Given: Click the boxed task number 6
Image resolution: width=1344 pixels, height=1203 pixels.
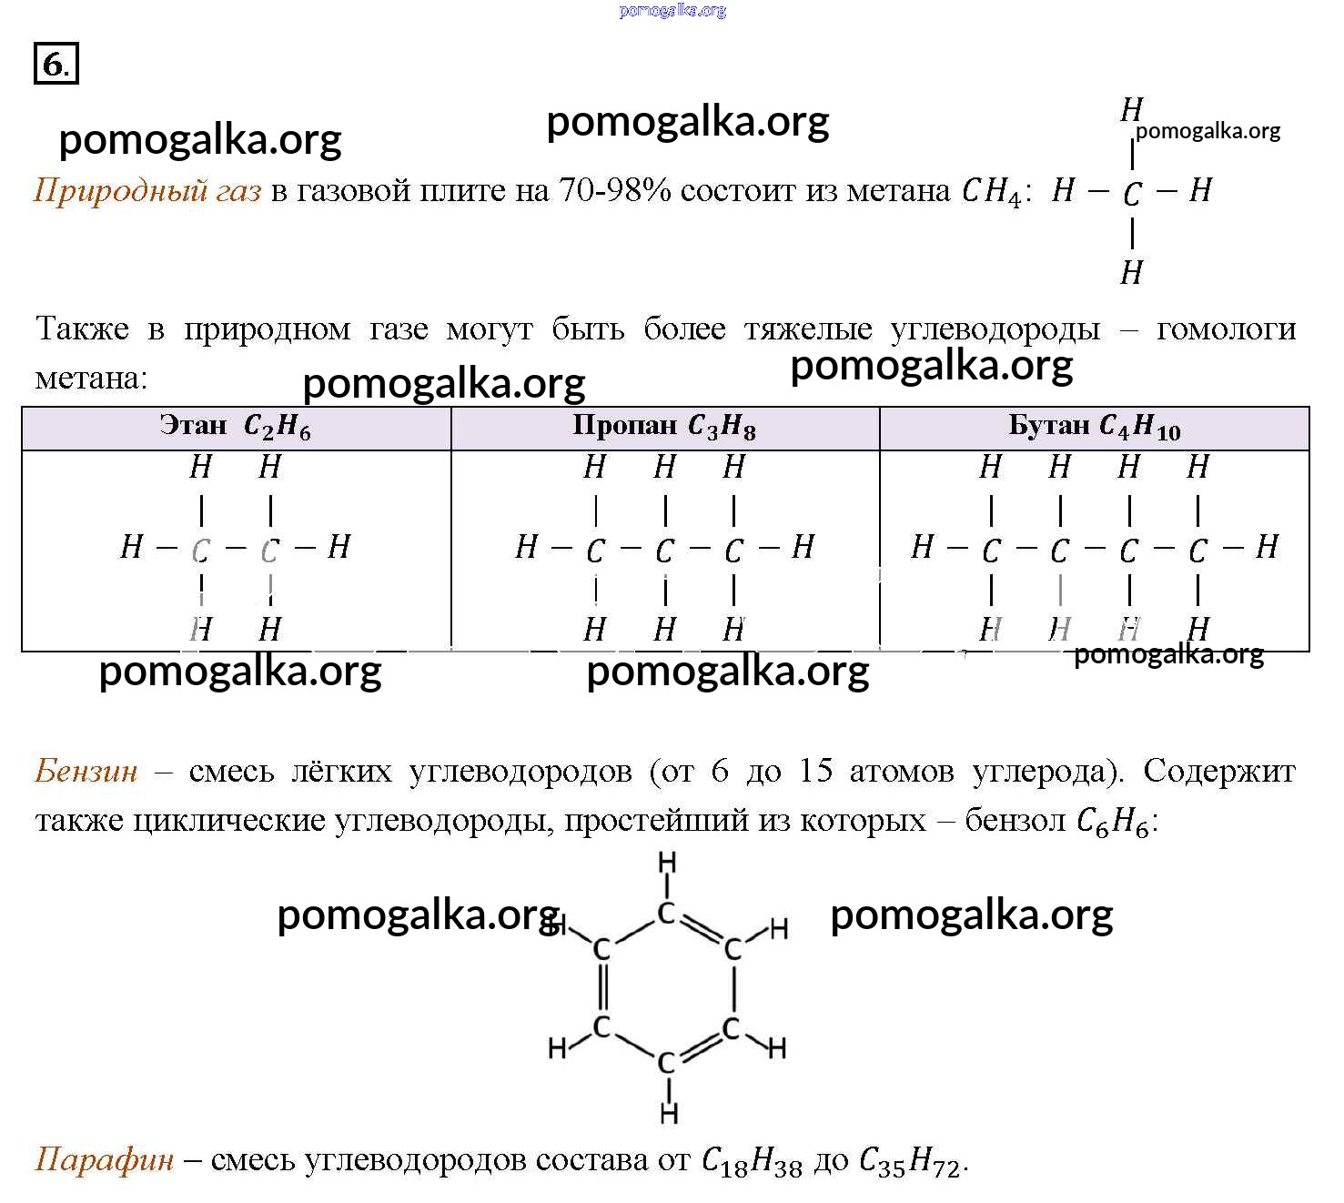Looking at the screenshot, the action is [x=56, y=63].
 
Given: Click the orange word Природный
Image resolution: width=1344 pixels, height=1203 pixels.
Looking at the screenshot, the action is [x=115, y=191].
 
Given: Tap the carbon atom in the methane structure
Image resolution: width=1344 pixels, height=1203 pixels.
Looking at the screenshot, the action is [x=1132, y=194].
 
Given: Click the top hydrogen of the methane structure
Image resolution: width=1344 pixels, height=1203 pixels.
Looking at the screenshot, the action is [x=1132, y=109].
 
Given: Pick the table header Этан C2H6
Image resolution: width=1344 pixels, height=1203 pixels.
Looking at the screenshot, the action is [x=236, y=426].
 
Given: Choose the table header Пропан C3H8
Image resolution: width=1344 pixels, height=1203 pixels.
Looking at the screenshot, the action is [x=664, y=426].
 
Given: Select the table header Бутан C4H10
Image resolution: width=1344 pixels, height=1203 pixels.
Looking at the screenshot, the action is [x=1095, y=426].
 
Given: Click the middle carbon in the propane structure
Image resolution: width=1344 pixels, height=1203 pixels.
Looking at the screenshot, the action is [x=664, y=551].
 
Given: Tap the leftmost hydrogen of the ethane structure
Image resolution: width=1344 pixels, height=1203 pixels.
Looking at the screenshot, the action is [x=132, y=547].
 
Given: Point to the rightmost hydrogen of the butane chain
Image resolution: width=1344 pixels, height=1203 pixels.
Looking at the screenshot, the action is [x=1267, y=547].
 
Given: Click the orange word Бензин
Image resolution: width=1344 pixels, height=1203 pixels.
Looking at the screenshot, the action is [x=86, y=771].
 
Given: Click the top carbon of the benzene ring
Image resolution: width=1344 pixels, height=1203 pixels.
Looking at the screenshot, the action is [x=666, y=914].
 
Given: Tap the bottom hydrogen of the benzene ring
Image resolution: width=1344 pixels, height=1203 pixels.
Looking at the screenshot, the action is [x=669, y=1113].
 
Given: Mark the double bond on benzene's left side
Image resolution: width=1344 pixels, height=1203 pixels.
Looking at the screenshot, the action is [x=601, y=987].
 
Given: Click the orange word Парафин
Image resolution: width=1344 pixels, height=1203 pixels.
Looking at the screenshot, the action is [x=104, y=1160].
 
